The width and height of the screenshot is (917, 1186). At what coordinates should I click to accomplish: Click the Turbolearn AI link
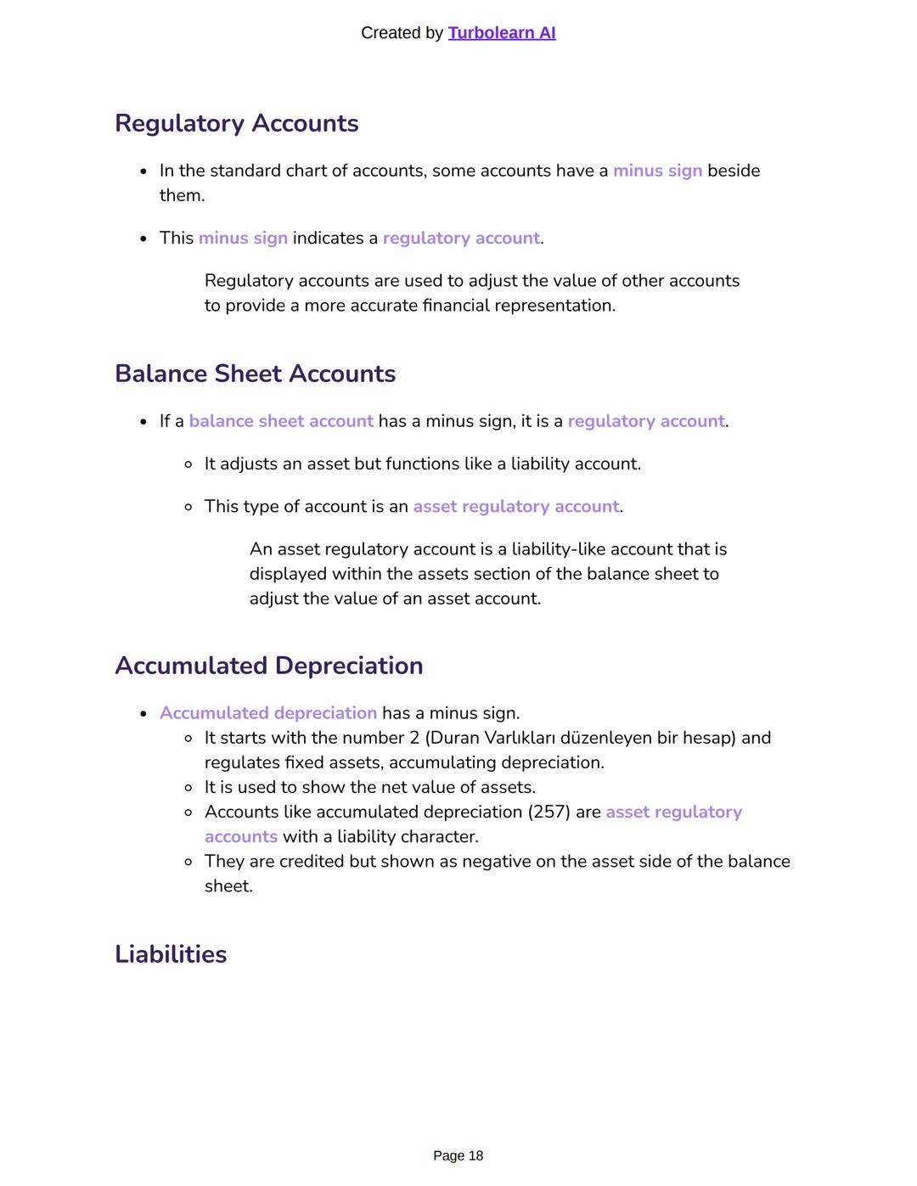[501, 33]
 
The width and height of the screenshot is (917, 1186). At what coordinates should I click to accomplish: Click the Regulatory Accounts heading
[236, 123]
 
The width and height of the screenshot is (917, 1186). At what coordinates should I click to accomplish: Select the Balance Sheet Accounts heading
[255, 374]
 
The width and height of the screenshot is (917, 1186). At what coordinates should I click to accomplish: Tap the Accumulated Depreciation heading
[268, 666]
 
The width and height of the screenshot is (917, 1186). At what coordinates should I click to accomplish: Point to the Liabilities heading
[171, 954]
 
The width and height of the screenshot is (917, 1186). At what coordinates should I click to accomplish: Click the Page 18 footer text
[458, 1155]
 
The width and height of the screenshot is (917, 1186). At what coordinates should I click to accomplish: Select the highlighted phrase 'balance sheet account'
[281, 422]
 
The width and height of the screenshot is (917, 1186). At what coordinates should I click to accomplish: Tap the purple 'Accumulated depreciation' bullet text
[268, 713]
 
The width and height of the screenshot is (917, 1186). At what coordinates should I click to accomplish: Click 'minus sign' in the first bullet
[657, 171]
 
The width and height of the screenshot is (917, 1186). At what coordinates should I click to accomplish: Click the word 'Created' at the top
[391, 33]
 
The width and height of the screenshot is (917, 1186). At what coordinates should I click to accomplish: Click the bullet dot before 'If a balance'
[143, 422]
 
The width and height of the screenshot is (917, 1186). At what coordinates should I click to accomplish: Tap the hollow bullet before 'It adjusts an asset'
[188, 464]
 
